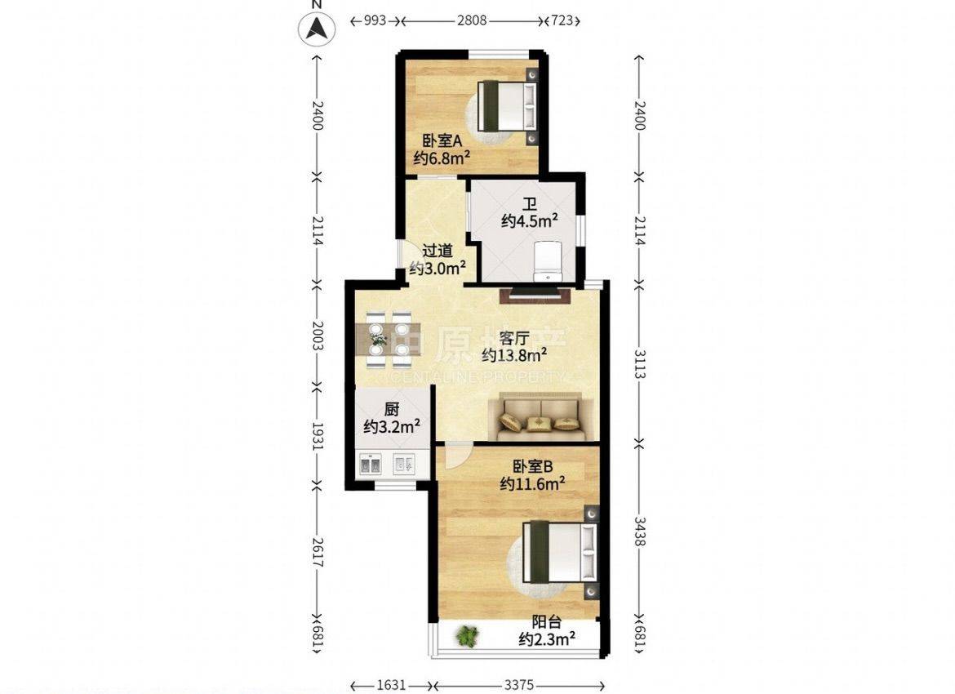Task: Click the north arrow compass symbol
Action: point(317,28)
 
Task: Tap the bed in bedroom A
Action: point(507,106)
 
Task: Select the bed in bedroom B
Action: point(558,550)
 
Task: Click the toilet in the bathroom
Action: point(549,261)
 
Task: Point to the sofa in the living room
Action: point(541,416)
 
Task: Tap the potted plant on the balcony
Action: point(467,636)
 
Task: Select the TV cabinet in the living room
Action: point(535,296)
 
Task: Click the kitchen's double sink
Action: point(371,465)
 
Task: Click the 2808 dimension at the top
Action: point(472,20)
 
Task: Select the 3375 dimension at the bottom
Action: point(519,685)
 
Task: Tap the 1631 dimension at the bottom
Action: point(391,685)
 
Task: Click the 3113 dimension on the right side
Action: point(639,364)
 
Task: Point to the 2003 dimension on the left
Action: point(317,336)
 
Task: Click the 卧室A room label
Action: point(442,141)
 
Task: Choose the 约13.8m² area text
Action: point(514,354)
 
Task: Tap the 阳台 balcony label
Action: point(546,622)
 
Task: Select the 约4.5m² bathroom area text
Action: point(530,220)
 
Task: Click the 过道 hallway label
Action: point(438,251)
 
